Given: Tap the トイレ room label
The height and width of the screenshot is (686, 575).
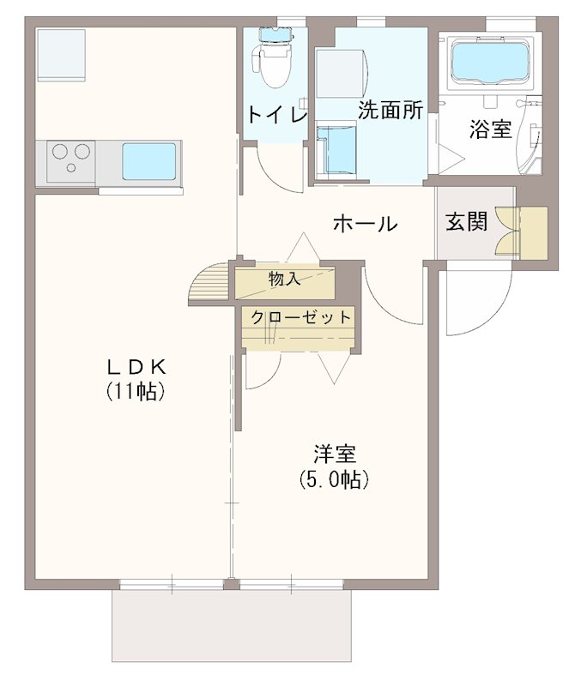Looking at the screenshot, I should pos(276,114).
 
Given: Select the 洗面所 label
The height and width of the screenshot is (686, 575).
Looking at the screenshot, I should pos(390,111).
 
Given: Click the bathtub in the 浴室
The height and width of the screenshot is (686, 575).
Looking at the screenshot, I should pos(489,61).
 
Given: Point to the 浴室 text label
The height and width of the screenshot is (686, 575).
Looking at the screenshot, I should pos(490,129).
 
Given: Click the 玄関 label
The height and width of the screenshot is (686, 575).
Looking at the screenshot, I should pos(466,221).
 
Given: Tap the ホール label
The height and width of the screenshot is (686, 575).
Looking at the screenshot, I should pos(364,225).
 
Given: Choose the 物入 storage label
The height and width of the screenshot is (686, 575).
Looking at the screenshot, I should pos(284,279).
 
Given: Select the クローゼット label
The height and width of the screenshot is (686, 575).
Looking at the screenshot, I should pos(300,317).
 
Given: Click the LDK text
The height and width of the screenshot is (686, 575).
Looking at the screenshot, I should pos(135,367).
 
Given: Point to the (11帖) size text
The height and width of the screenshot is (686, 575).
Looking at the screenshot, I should pos(136,392).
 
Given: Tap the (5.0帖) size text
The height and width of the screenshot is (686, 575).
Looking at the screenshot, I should pos(334,479).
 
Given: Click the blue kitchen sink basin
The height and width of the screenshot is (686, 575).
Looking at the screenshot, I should pos(148,161).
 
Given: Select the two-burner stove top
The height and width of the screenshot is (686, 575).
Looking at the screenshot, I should pos(71,161).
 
